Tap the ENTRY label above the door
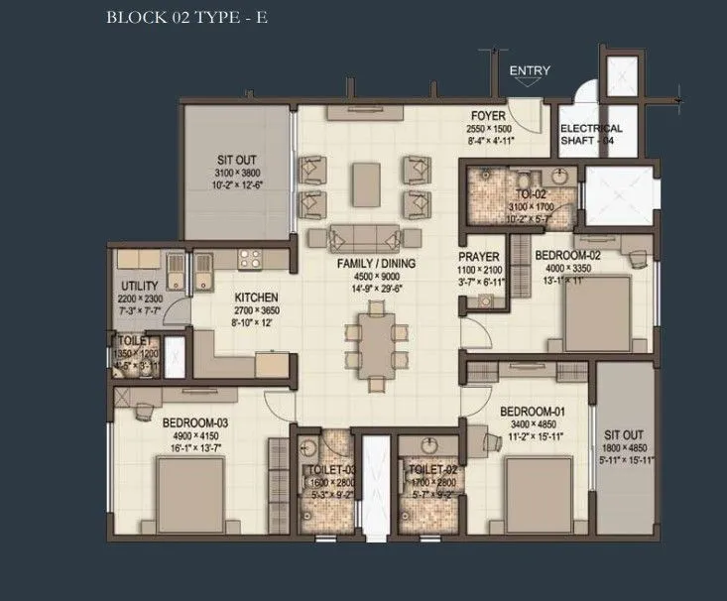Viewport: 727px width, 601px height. (x=529, y=71)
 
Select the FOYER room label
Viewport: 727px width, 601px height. (x=489, y=115)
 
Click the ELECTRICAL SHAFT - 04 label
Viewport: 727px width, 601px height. (x=591, y=134)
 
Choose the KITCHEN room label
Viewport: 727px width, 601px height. (x=255, y=298)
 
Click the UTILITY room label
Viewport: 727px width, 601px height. (x=139, y=286)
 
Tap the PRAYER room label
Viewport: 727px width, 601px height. (x=478, y=258)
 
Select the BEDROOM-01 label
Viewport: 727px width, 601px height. (x=532, y=412)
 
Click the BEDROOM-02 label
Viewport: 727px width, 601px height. (x=567, y=255)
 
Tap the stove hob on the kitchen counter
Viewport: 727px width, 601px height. (x=249, y=259)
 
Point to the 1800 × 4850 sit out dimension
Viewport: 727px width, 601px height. (x=625, y=446)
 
